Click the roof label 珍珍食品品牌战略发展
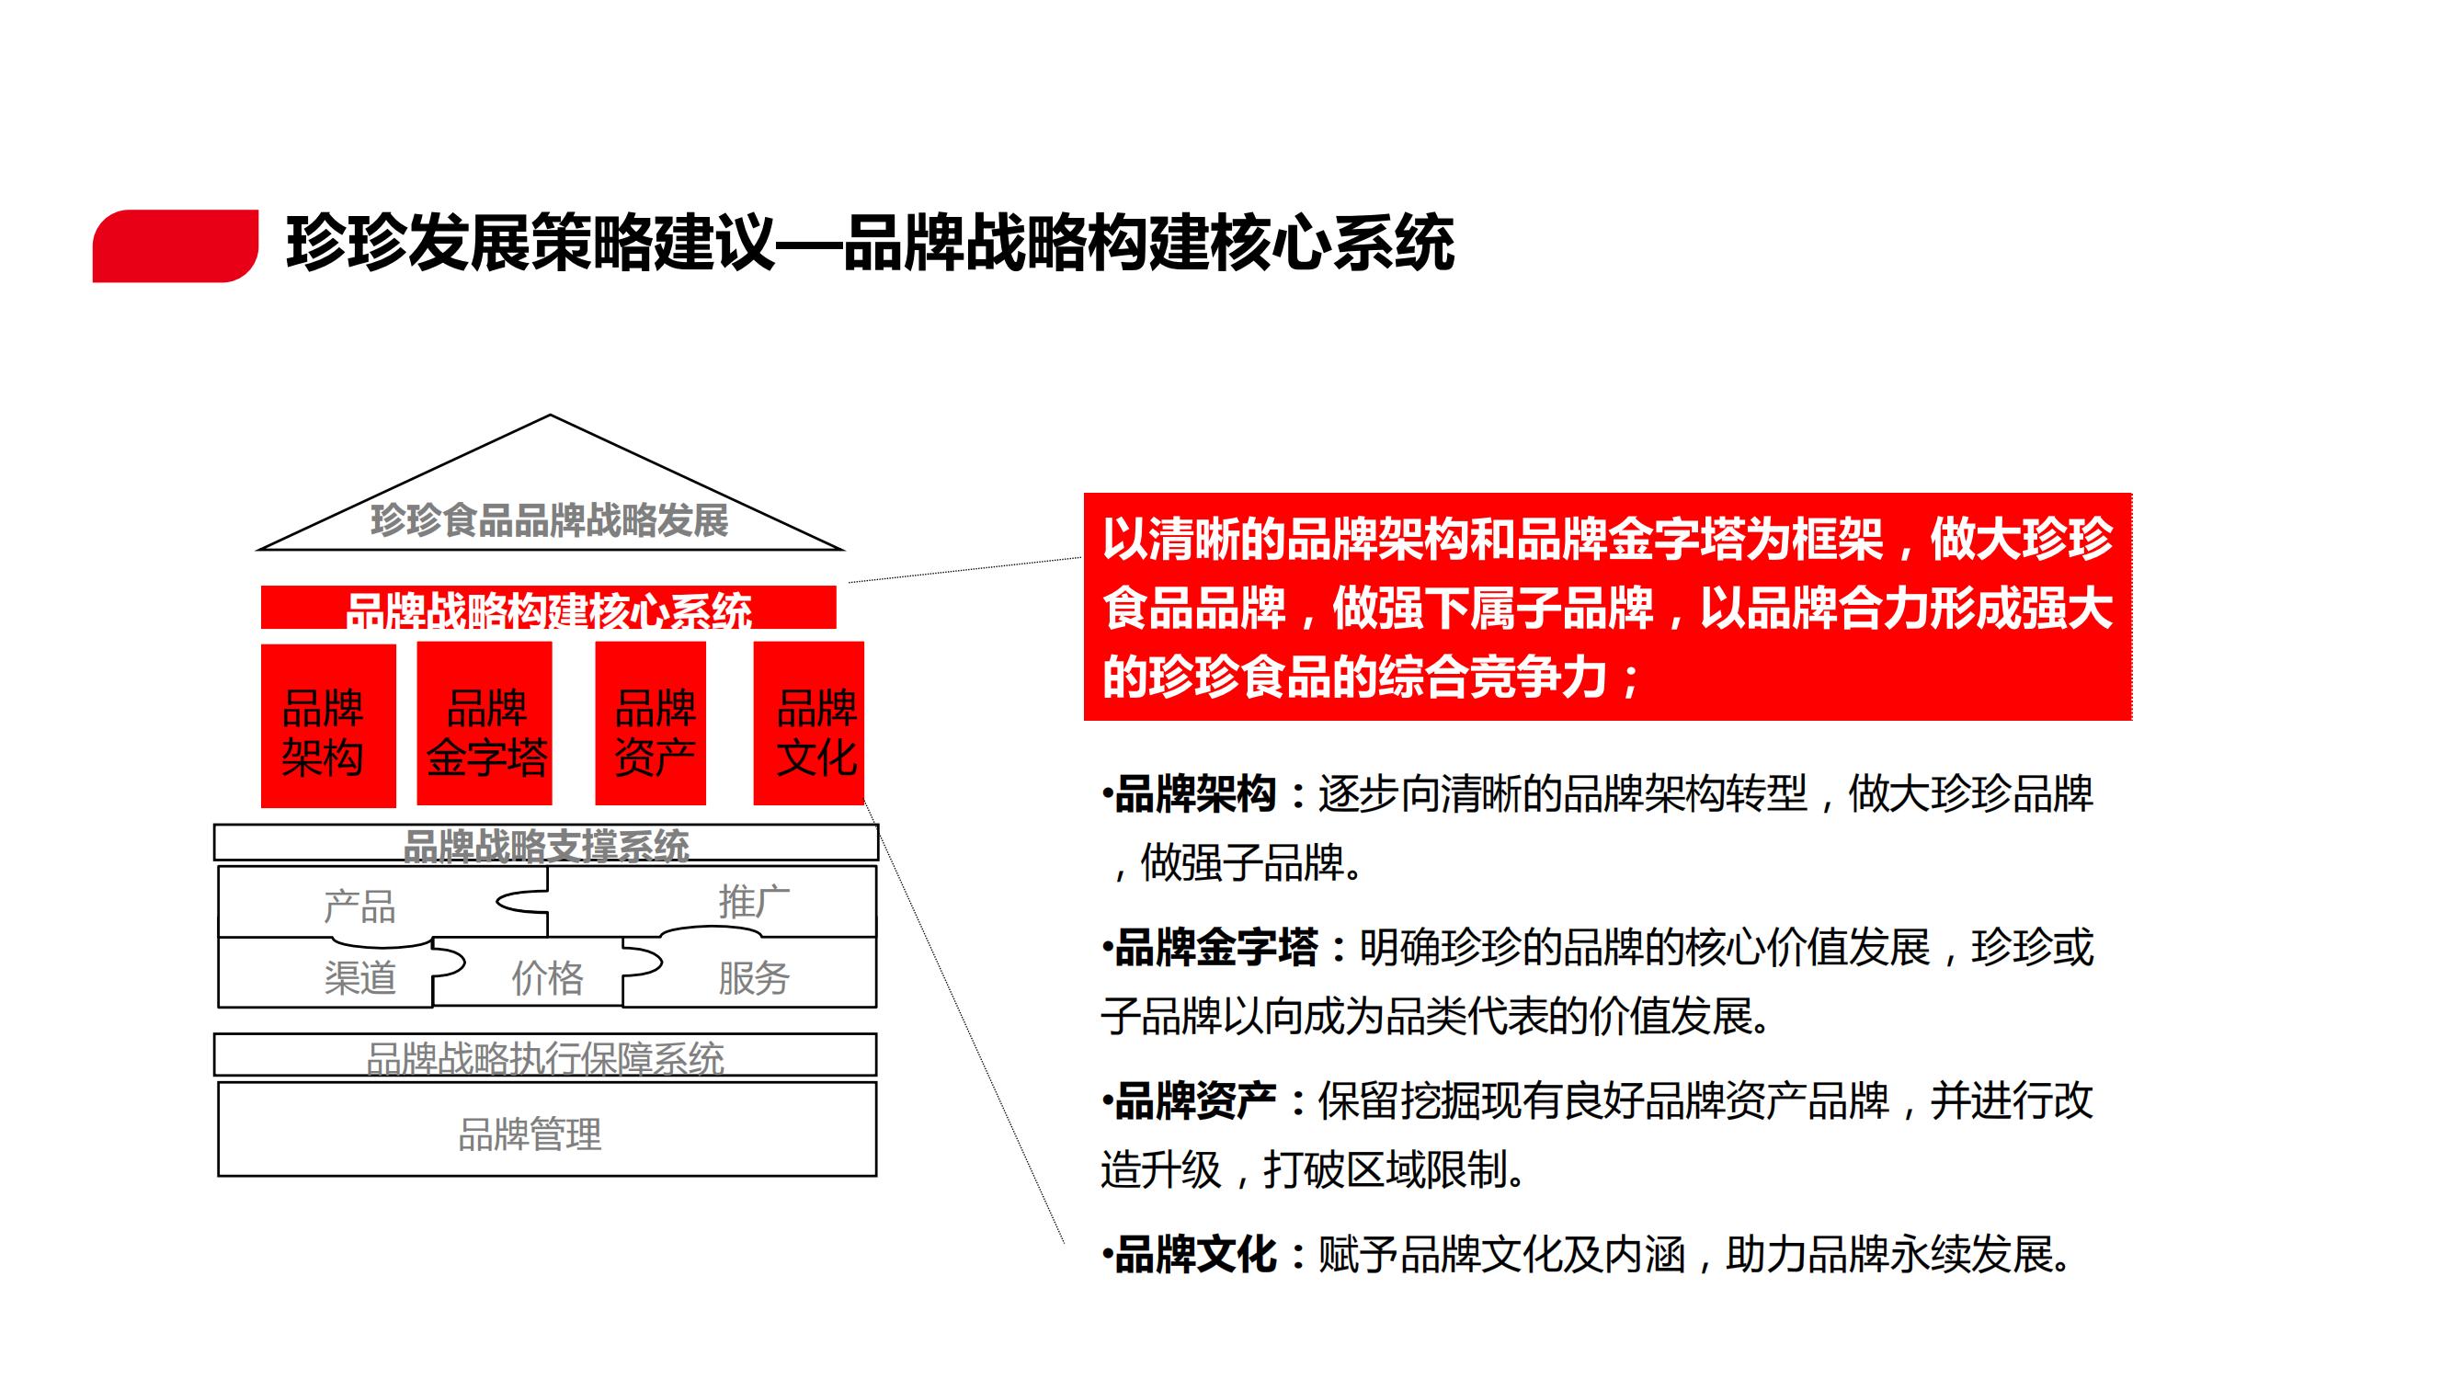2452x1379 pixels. (x=549, y=520)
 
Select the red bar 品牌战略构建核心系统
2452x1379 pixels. (x=548, y=607)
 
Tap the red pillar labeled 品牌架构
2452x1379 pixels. (x=328, y=725)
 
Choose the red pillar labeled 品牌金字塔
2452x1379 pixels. (x=485, y=724)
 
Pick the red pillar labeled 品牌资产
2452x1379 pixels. (x=650, y=724)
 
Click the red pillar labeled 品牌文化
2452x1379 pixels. (x=809, y=724)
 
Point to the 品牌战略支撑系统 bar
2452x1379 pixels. (x=546, y=842)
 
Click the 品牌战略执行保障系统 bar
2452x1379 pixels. (x=545, y=1055)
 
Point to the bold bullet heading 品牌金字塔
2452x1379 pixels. (x=1215, y=948)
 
